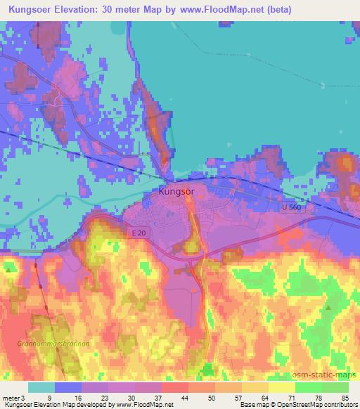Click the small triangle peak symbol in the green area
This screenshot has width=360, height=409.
point(329,308)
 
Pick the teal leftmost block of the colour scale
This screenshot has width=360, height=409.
point(41,387)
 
